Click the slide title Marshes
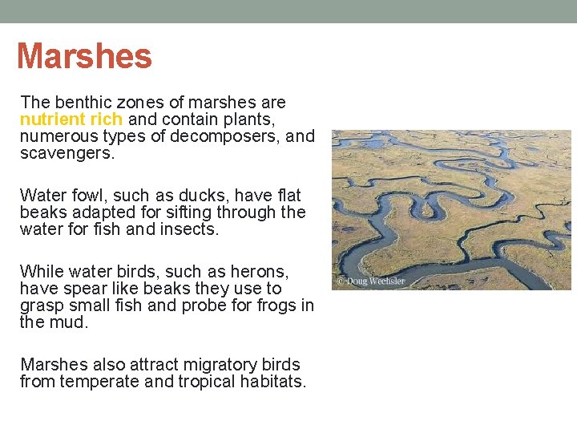[84, 56]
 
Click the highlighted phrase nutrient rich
[71, 119]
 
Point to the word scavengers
[67, 153]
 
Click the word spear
[85, 289]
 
